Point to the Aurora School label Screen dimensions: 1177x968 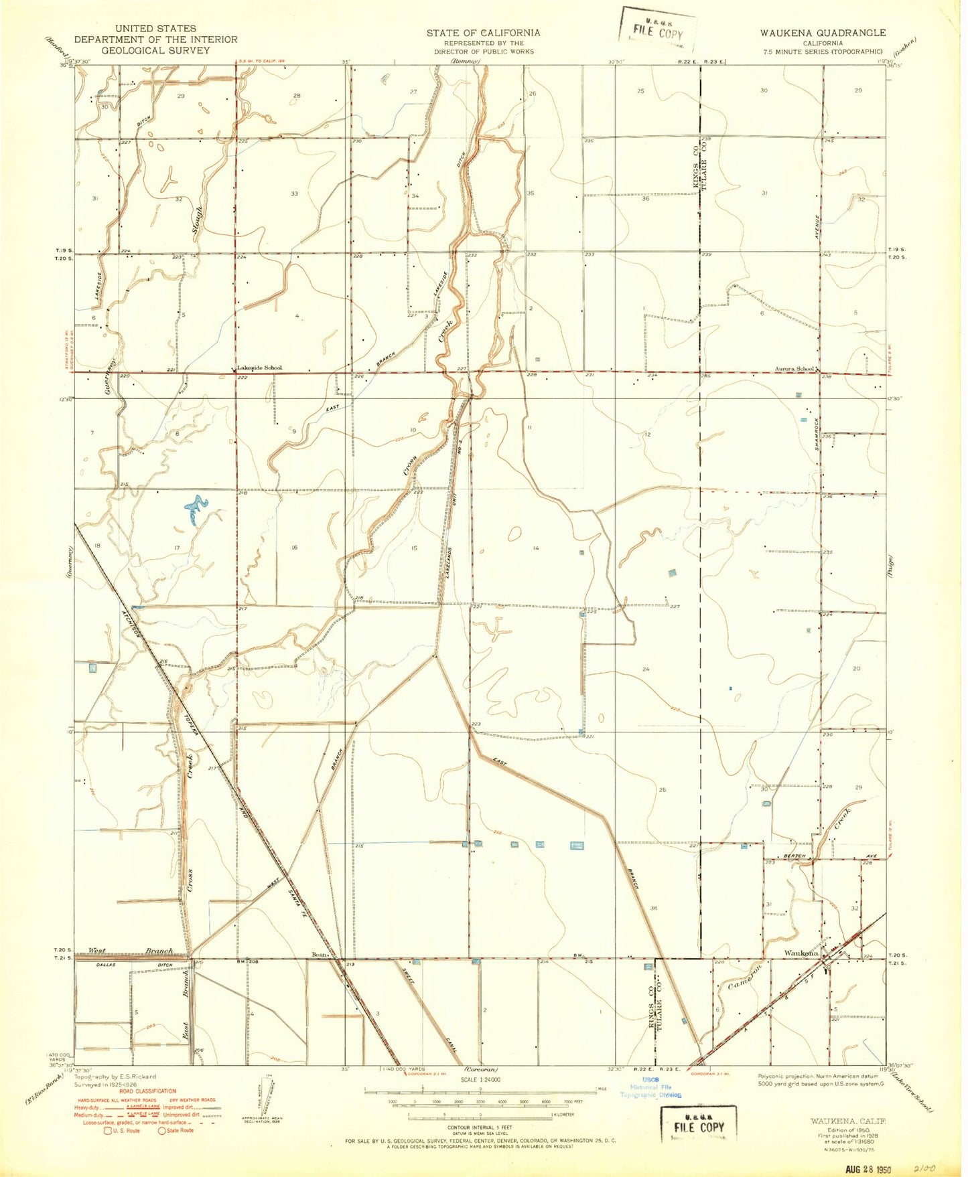pos(794,369)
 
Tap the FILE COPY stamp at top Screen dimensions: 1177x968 pos(658,33)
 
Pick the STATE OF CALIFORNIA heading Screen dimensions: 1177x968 pos(483,32)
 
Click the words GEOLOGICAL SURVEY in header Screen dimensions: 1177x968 pos(155,50)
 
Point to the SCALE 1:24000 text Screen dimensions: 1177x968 pos(481,1079)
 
